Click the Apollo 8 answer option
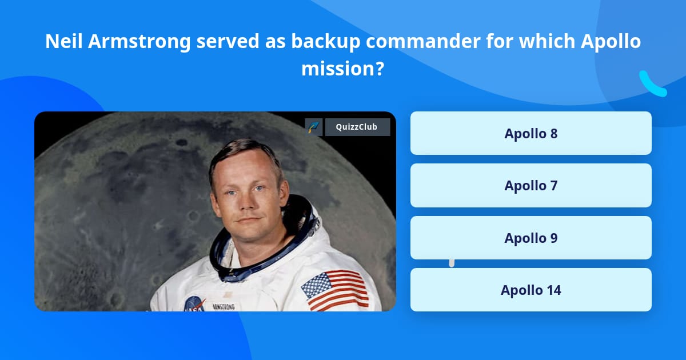[531, 133]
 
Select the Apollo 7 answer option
[531, 186]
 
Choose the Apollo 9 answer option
[531, 238]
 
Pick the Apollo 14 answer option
[531, 290]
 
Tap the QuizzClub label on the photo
[357, 127]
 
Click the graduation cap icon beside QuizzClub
[314, 127]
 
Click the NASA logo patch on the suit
[194, 305]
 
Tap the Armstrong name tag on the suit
[224, 307]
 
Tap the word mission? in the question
[342, 69]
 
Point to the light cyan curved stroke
[652, 84]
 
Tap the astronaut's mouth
[247, 219]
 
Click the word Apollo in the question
[607, 42]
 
